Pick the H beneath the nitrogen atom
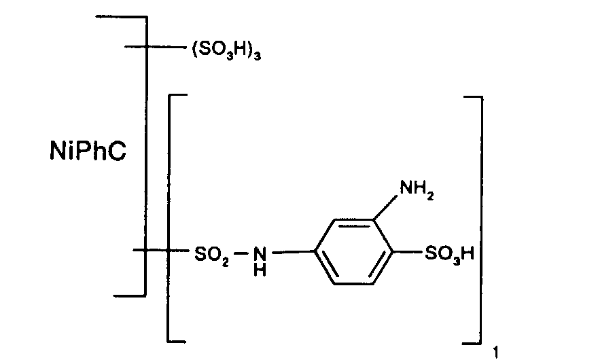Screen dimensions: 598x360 260,269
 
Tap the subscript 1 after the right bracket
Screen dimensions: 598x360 497,351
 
